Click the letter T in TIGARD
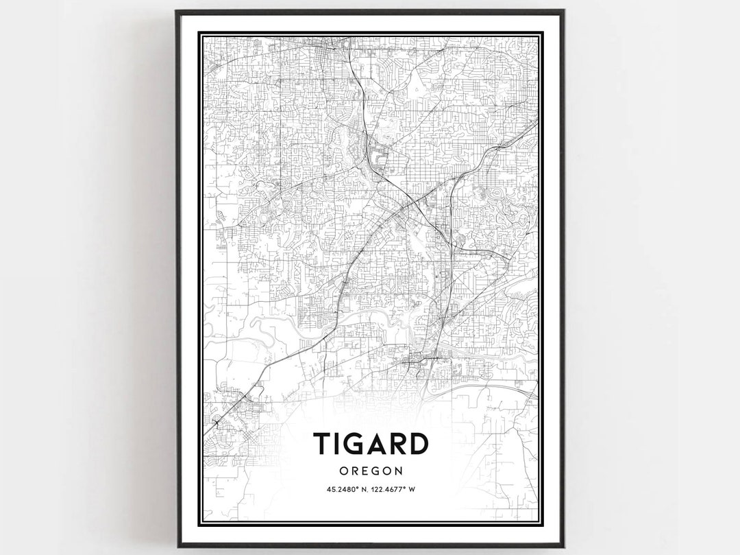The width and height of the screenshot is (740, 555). coord(322,445)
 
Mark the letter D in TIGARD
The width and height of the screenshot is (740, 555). coord(419,445)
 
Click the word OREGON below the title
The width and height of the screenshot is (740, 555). coord(370,471)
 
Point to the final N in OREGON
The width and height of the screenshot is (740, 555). coord(397,471)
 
